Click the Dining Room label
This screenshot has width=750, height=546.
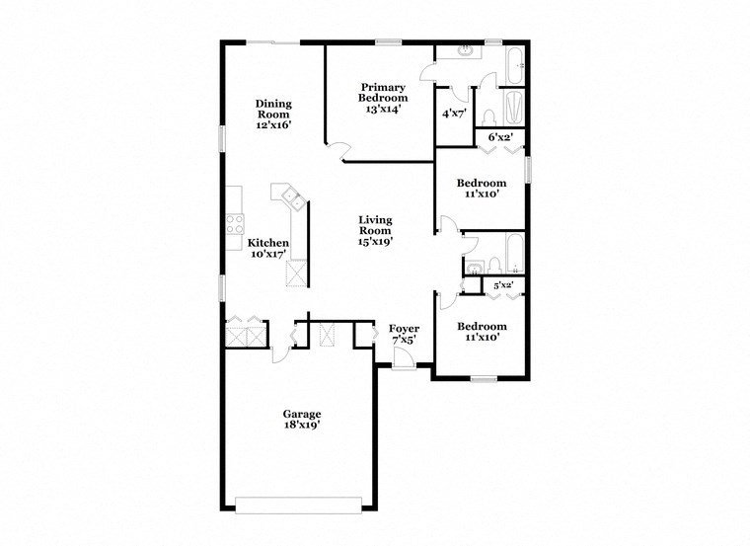tap(273, 115)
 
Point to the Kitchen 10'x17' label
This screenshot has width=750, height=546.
tap(267, 248)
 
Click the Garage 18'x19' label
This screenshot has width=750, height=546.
tap(302, 419)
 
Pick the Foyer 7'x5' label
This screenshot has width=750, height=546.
tap(404, 334)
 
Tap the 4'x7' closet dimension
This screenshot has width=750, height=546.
tap(453, 114)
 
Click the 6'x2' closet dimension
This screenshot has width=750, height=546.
tap(501, 138)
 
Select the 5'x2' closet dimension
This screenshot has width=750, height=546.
tap(502, 285)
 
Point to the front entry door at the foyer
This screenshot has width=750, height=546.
tap(403, 362)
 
